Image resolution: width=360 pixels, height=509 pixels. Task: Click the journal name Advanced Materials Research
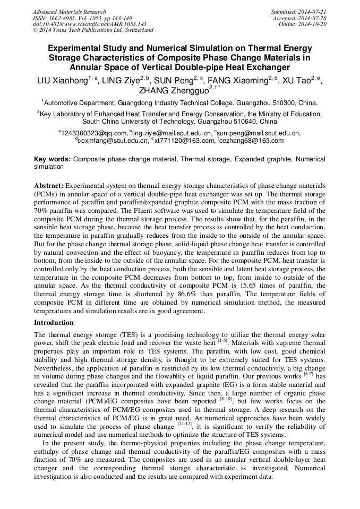[x=69, y=12]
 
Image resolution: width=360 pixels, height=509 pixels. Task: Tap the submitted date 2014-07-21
[x=314, y=12]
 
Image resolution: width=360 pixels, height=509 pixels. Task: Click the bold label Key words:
[x=52, y=159]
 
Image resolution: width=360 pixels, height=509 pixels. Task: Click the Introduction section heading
[x=54, y=322]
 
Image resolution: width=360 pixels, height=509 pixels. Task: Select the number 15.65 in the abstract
[x=252, y=284]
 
